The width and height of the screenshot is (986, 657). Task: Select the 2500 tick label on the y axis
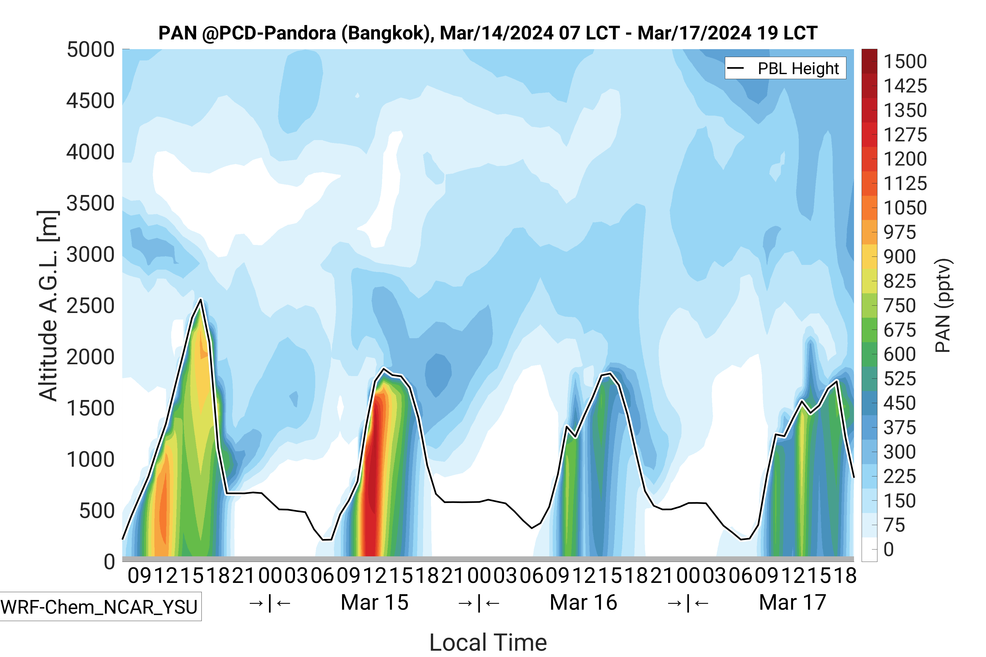90,306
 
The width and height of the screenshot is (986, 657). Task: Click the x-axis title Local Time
488,642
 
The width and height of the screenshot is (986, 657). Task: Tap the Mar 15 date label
374,603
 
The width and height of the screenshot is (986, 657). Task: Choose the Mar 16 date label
583,603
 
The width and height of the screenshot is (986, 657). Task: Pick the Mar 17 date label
792,603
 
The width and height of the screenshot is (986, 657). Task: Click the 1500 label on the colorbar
905,61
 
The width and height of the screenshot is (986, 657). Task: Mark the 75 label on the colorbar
894,525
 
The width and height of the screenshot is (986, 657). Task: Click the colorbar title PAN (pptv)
943,306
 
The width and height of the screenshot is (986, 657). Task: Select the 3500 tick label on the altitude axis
90,204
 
